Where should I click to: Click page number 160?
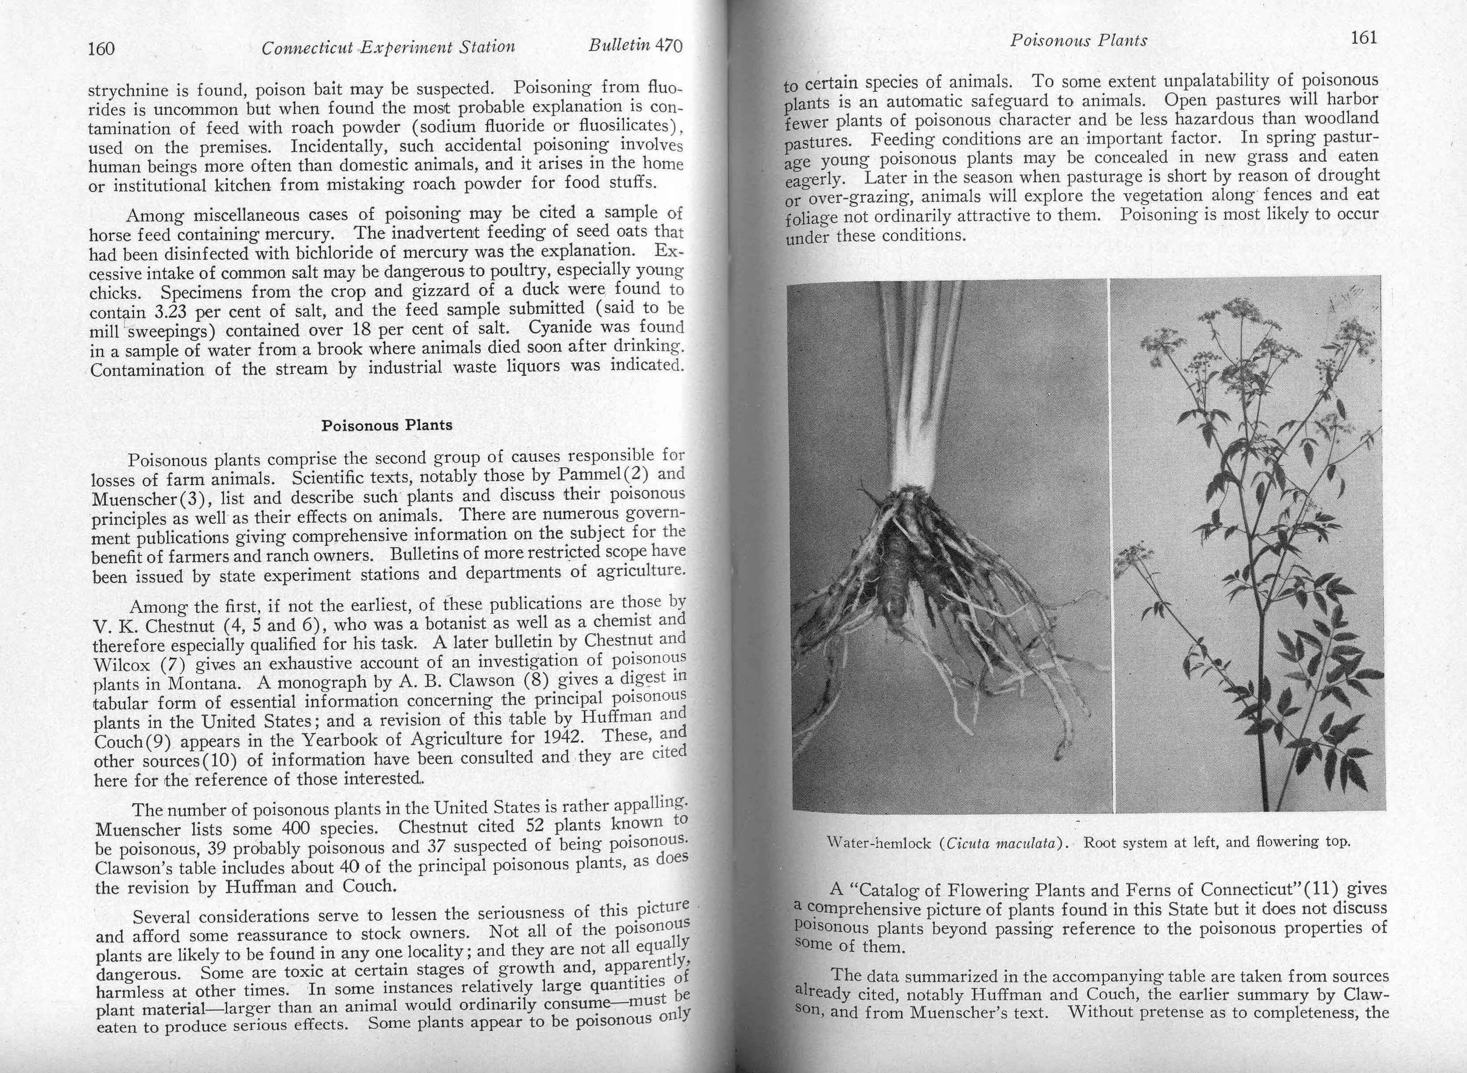tap(101, 49)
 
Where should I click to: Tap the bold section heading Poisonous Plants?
tap(387, 425)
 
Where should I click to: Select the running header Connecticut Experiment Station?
tap(388, 47)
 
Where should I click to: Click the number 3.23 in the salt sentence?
tap(169, 311)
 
